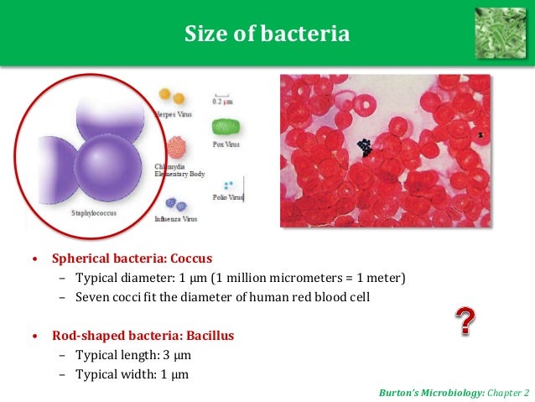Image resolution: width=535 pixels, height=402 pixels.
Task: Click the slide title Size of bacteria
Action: (x=267, y=34)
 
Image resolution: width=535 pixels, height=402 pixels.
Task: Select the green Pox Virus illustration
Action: (x=225, y=128)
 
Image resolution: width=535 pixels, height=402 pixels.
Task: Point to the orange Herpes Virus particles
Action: (x=172, y=97)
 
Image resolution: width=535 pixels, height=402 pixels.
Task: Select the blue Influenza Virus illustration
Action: (x=174, y=204)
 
